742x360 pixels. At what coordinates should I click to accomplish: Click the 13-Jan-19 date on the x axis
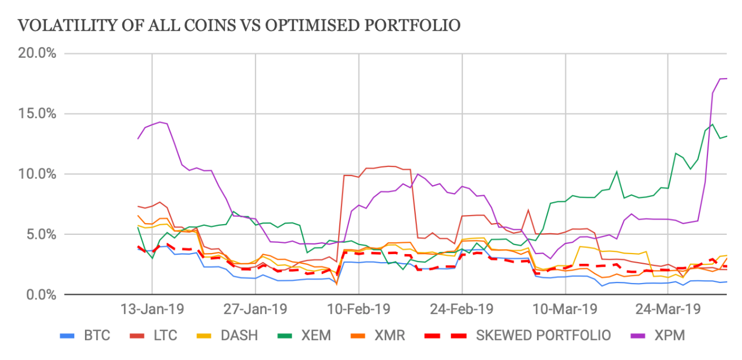pyautogui.click(x=152, y=310)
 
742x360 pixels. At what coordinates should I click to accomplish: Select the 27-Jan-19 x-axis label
pyautogui.click(x=255, y=310)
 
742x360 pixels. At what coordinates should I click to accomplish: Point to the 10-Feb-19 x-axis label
pyautogui.click(x=359, y=310)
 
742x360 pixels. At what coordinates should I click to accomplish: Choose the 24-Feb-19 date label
pyautogui.click(x=462, y=310)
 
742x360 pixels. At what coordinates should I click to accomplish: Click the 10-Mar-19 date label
pyautogui.click(x=565, y=310)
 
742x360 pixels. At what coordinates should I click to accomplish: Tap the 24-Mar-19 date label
pyautogui.click(x=668, y=310)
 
